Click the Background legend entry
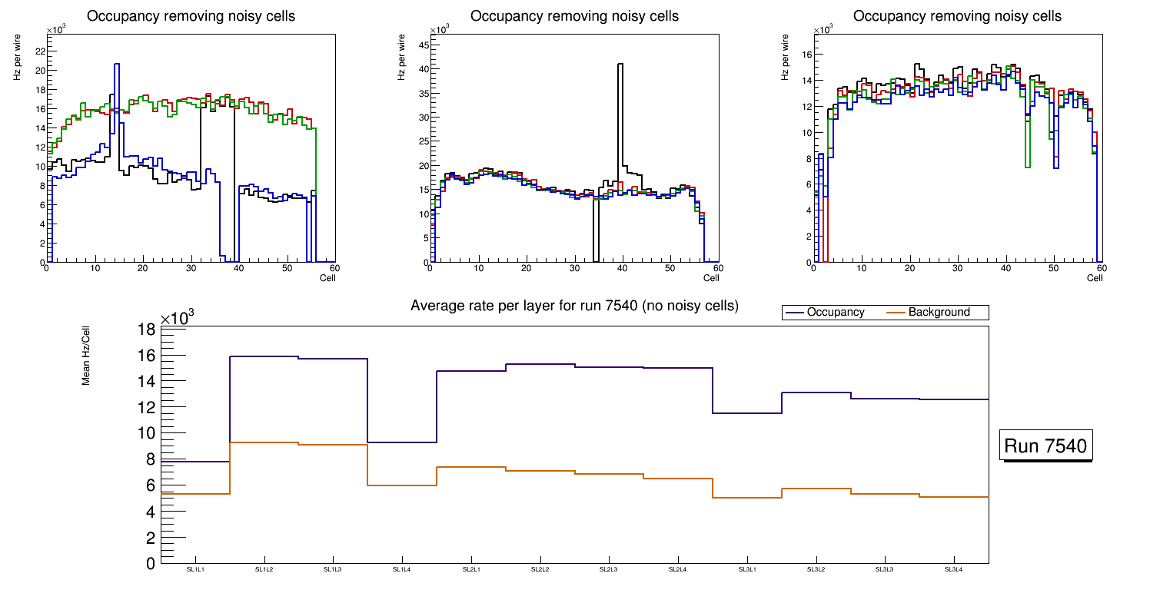tap(939, 313)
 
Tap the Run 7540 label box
tap(1045, 446)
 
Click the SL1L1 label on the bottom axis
tap(195, 570)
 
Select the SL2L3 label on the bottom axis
tap(609, 570)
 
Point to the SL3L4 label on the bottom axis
tap(953, 570)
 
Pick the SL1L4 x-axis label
tap(402, 570)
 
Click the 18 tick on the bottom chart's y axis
tap(146, 330)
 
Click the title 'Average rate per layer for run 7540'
tap(574, 306)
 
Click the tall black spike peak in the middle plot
tap(620, 65)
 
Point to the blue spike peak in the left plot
tap(117, 65)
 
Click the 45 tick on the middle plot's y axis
tap(423, 45)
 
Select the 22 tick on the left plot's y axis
tap(39, 51)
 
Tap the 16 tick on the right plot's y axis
tap(807, 54)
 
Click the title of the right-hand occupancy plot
tap(957, 16)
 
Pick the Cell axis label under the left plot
tap(327, 277)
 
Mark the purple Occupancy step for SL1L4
tap(402, 442)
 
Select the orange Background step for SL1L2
tap(264, 442)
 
